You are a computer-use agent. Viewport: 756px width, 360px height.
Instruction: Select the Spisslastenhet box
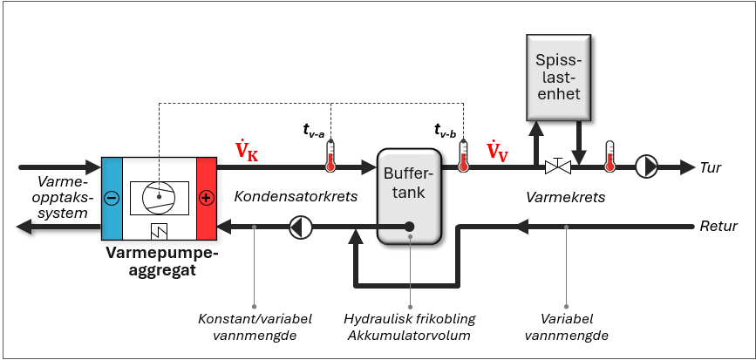click(557, 76)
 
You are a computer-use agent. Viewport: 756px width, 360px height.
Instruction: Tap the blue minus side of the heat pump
click(112, 198)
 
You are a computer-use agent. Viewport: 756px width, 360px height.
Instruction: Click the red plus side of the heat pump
click(206, 198)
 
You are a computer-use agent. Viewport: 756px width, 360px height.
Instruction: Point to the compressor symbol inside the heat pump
click(159, 198)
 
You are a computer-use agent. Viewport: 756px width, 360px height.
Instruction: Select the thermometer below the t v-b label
click(463, 153)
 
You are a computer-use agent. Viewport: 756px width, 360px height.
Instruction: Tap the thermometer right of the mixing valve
click(610, 153)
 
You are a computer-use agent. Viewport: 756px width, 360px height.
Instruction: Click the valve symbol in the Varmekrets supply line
click(557, 166)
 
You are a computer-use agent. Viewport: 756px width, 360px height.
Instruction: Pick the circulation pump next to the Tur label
click(646, 166)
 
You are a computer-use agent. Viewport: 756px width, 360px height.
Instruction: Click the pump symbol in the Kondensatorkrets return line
click(299, 228)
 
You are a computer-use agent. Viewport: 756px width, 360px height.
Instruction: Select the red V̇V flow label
click(498, 152)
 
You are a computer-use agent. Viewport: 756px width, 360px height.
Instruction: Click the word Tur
click(712, 167)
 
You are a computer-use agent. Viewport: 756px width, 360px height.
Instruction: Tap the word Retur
click(719, 227)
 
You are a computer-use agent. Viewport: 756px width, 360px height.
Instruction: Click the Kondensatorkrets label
click(296, 197)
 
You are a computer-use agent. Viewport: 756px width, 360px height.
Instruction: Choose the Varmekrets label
click(565, 198)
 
